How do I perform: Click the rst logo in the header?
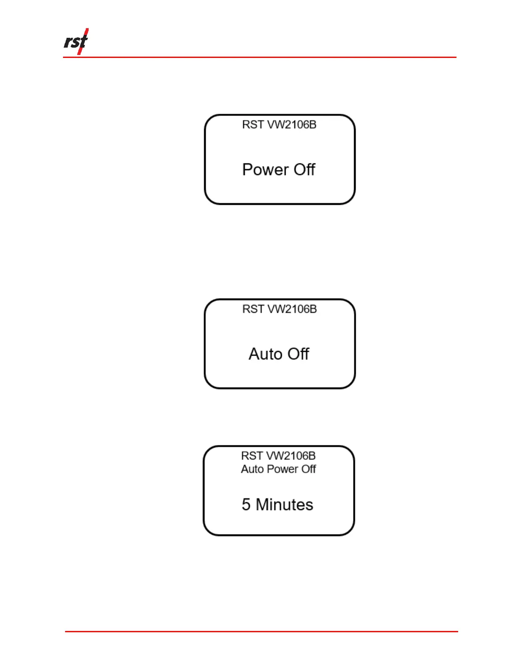tap(76, 42)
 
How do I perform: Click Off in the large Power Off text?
tap(304, 170)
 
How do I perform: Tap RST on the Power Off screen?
tap(252, 125)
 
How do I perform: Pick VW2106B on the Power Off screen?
tap(292, 125)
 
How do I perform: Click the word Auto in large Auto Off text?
tap(265, 354)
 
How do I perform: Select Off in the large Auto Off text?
tap(298, 354)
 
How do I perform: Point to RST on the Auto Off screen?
tap(252, 309)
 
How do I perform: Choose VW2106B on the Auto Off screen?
tap(292, 309)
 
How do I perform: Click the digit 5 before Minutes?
tap(246, 505)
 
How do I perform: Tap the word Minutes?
tap(284, 505)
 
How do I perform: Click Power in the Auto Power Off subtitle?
tap(282, 469)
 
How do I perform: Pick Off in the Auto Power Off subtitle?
tap(309, 469)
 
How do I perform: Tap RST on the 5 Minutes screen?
tap(251, 456)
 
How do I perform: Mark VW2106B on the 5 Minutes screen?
tap(291, 456)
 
